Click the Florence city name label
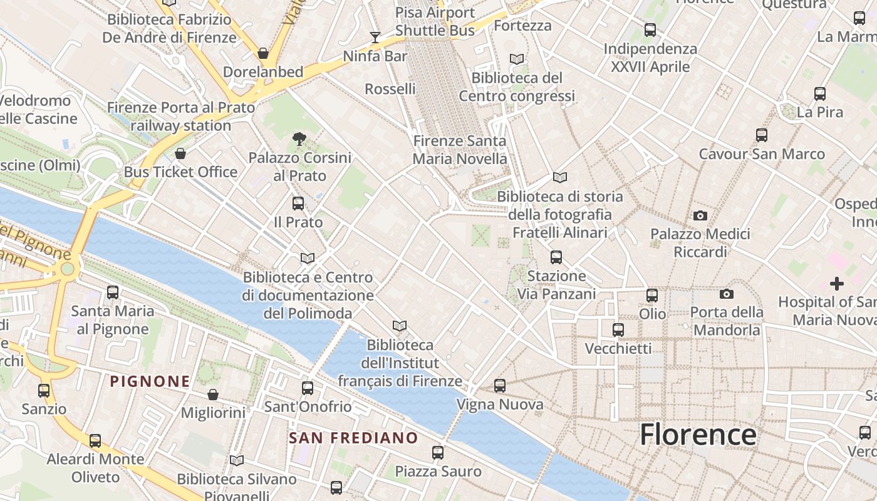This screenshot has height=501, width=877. (x=698, y=434)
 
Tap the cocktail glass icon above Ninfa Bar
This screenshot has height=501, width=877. (x=375, y=38)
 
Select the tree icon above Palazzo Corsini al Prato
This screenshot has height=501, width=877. (x=299, y=138)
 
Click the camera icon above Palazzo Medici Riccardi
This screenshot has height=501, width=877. (x=700, y=216)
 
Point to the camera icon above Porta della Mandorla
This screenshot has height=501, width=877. (x=727, y=294)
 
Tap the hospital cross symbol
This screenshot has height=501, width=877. (x=837, y=284)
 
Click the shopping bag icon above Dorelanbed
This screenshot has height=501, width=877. (x=263, y=53)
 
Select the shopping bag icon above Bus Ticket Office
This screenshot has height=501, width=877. (x=180, y=153)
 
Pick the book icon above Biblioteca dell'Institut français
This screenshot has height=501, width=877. (x=400, y=326)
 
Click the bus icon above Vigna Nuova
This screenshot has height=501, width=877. (x=500, y=386)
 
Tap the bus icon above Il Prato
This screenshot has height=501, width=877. (x=298, y=204)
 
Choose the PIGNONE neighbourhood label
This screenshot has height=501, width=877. (x=150, y=381)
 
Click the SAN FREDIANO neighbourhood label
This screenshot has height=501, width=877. (x=353, y=438)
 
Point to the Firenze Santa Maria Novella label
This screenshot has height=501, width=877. (x=460, y=150)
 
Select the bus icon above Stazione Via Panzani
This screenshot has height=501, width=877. (x=556, y=257)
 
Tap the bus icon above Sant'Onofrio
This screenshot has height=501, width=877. (x=308, y=388)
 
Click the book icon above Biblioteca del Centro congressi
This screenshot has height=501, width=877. (x=517, y=59)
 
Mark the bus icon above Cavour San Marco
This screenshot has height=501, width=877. (x=762, y=135)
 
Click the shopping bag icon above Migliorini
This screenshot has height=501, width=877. (x=213, y=395)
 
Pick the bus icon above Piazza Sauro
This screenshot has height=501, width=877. (x=438, y=453)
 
